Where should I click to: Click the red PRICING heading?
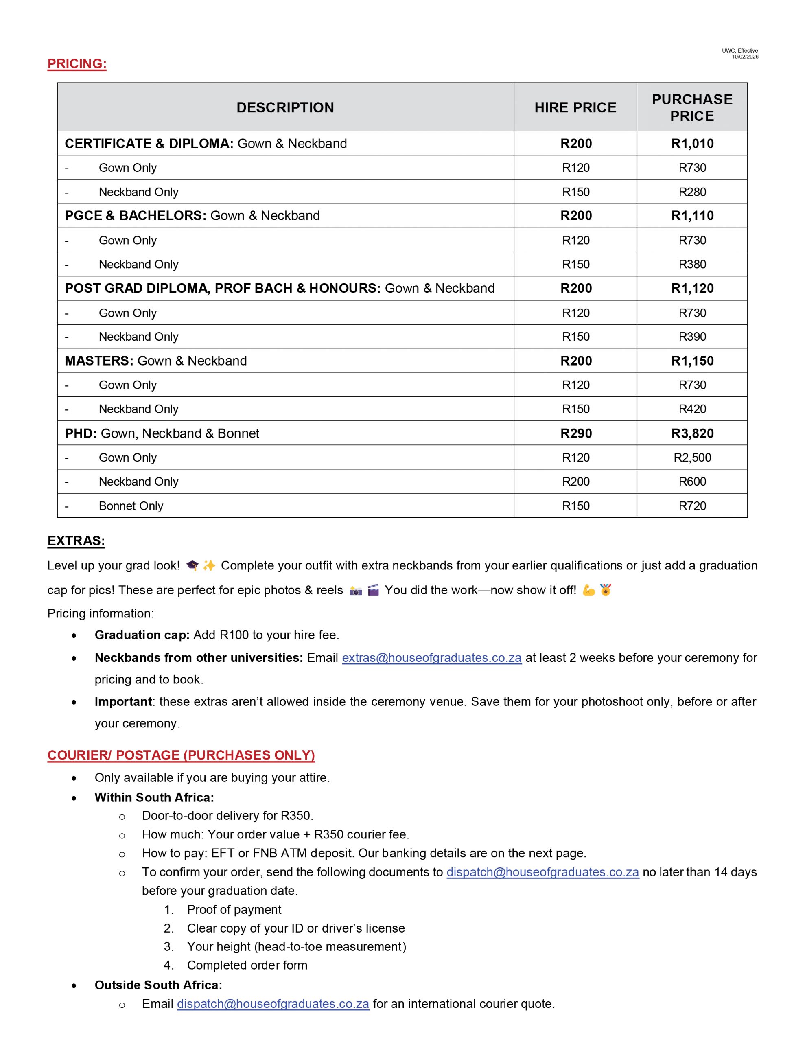pyautogui.click(x=77, y=64)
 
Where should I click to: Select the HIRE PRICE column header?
pyautogui.click(x=575, y=107)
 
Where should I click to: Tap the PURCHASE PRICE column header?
pyautogui.click(x=692, y=107)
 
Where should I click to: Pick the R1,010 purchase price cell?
pyautogui.click(x=692, y=144)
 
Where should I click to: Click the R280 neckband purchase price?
pyautogui.click(x=692, y=192)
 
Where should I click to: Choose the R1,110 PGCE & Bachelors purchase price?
pyautogui.click(x=692, y=216)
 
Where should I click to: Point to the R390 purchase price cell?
pyautogui.click(x=692, y=336)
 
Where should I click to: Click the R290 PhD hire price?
pyautogui.click(x=576, y=433)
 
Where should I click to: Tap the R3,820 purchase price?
pyautogui.click(x=692, y=433)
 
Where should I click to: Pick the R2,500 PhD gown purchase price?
pyautogui.click(x=692, y=458)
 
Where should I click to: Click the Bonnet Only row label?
pyautogui.click(x=131, y=506)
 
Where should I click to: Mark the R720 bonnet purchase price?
pyautogui.click(x=692, y=506)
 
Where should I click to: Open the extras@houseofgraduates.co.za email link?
pyautogui.click(x=431, y=657)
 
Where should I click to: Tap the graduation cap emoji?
pyautogui.click(x=192, y=566)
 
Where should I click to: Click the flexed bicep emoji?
pyautogui.click(x=589, y=590)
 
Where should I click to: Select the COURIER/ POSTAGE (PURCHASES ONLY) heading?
pyautogui.click(x=181, y=755)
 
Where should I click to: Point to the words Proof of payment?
pyautogui.click(x=234, y=909)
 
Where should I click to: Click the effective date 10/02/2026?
pyautogui.click(x=745, y=57)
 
